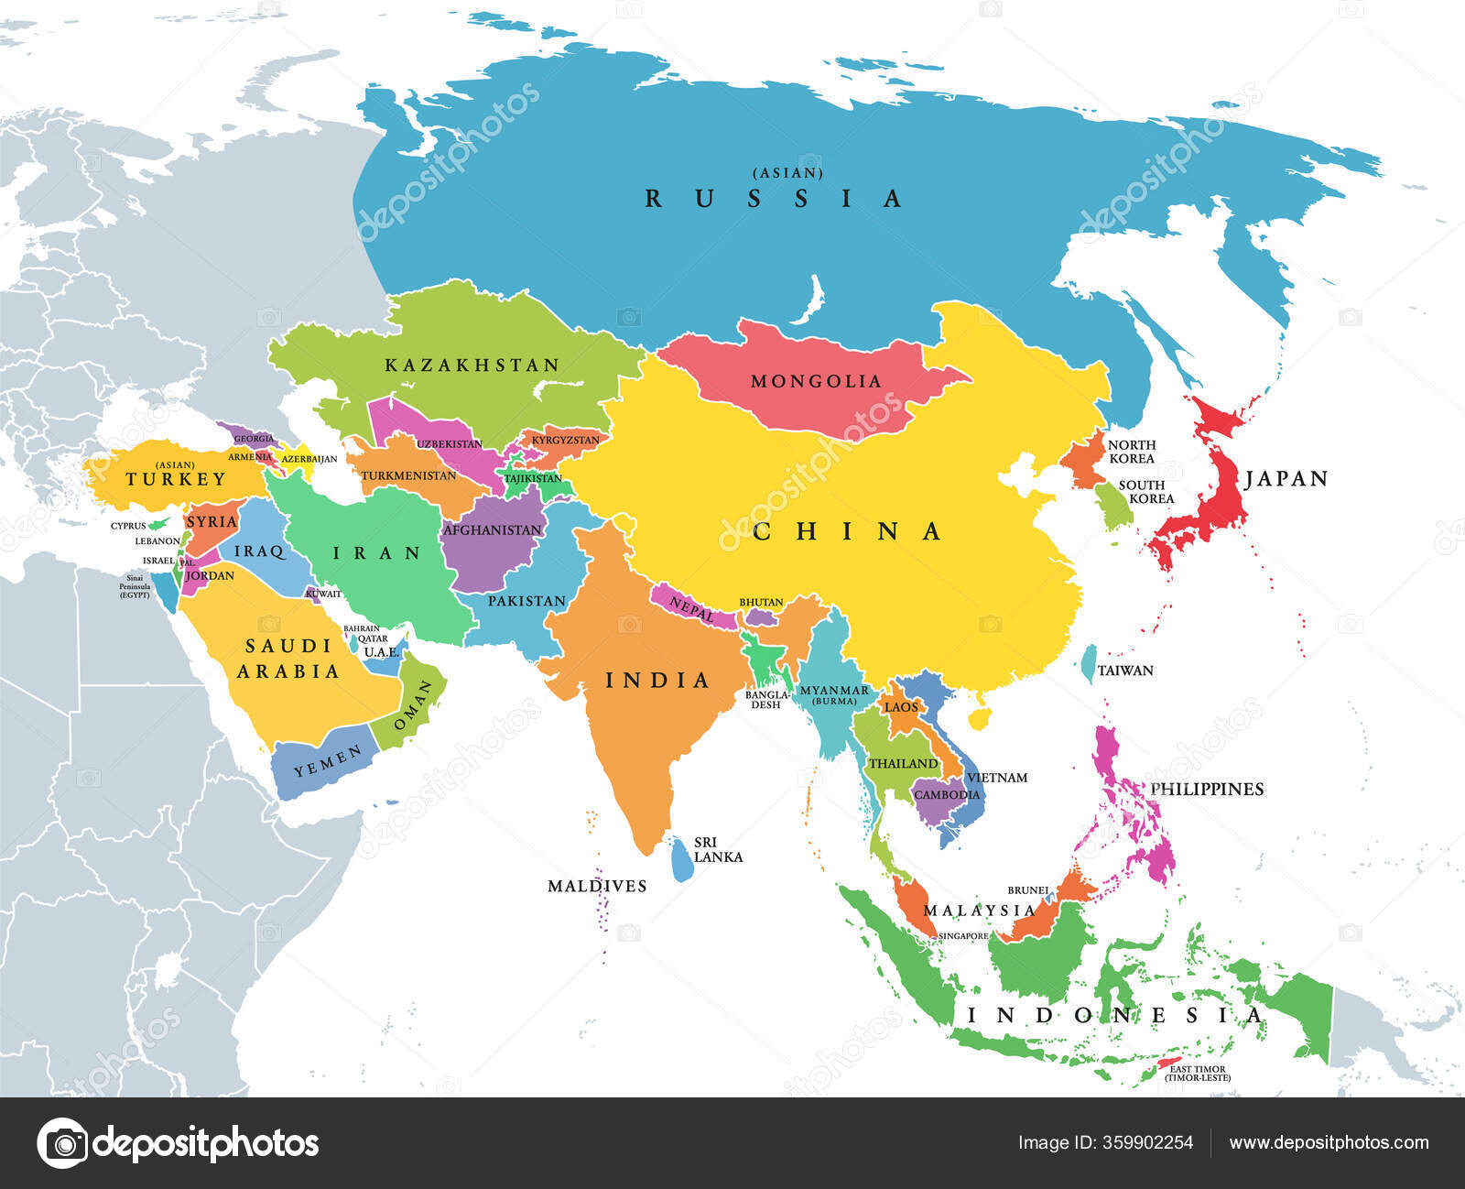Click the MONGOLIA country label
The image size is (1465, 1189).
point(816,381)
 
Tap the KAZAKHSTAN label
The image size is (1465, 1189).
point(472,365)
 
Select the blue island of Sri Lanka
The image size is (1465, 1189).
point(681,860)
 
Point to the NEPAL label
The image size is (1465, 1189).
point(691,608)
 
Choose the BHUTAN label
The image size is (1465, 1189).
point(761,602)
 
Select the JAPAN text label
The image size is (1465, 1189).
point(1286,478)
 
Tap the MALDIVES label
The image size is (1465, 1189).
point(597,886)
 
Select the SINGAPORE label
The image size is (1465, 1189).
point(963,936)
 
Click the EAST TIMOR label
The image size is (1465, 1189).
point(1198,1069)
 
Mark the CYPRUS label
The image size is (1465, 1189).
point(128,526)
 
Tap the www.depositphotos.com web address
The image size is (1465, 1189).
point(1329,1142)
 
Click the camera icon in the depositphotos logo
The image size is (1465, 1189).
point(62,1143)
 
